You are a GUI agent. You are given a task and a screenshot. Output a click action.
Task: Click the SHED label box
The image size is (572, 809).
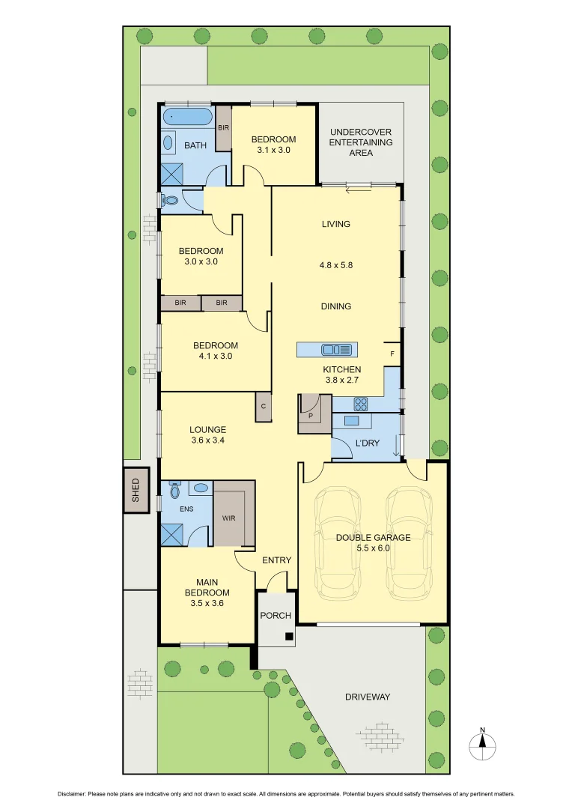click(x=136, y=490)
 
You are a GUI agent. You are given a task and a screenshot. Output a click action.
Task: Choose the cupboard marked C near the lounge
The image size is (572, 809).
click(x=264, y=406)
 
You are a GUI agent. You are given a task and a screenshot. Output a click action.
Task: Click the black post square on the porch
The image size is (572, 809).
click(x=289, y=637)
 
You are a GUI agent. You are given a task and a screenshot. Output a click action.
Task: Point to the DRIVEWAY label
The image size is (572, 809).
click(x=368, y=697)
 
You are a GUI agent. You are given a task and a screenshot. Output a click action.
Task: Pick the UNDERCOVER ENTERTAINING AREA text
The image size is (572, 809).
click(x=361, y=142)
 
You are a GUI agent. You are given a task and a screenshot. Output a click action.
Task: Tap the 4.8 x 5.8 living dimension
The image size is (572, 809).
click(x=336, y=264)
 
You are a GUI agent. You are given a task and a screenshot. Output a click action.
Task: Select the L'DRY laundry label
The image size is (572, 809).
click(x=367, y=443)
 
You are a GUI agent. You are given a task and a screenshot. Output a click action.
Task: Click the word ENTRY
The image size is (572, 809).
click(x=276, y=560)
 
